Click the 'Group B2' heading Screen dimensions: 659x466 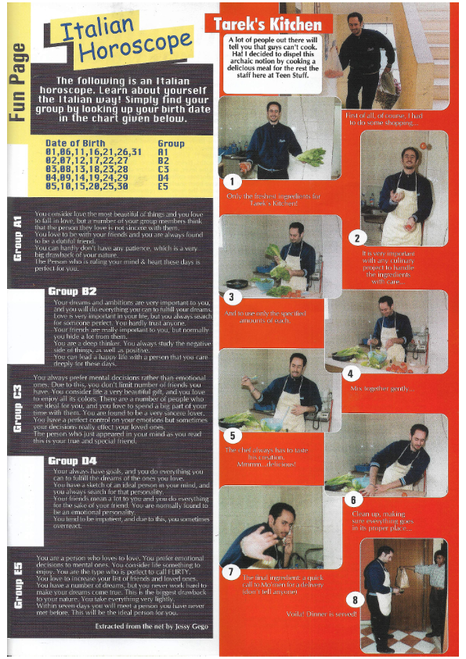pos(72,291)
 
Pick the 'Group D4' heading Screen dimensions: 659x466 pos(72,461)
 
